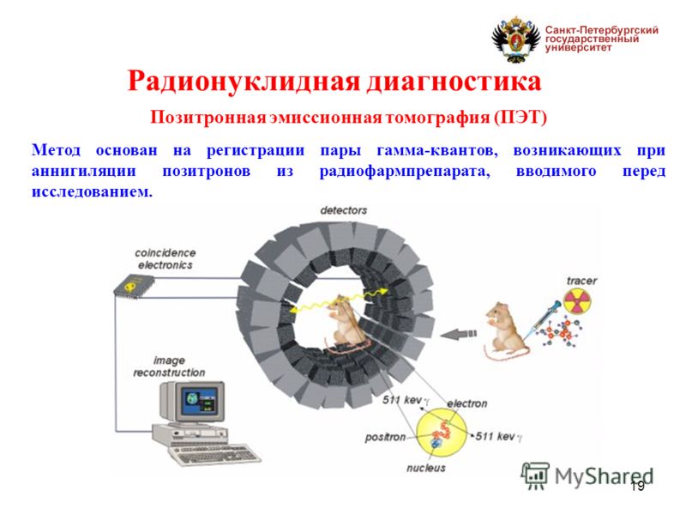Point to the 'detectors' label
343,210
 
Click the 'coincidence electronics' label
165,259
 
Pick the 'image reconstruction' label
169,367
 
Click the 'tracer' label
581,281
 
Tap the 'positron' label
385,437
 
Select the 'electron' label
466,403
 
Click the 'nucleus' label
426,469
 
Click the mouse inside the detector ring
343,326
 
